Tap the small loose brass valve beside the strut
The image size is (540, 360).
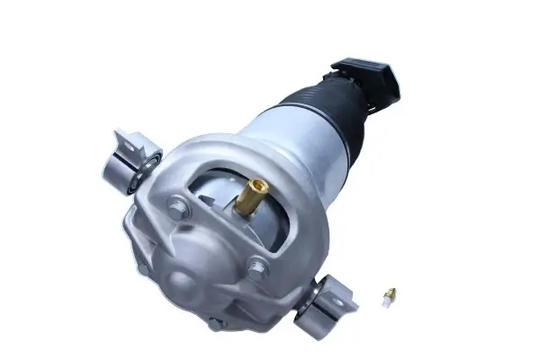[x=389, y=297]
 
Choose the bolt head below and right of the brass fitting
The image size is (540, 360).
[x=258, y=267]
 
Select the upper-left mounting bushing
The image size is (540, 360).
[x=126, y=166]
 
